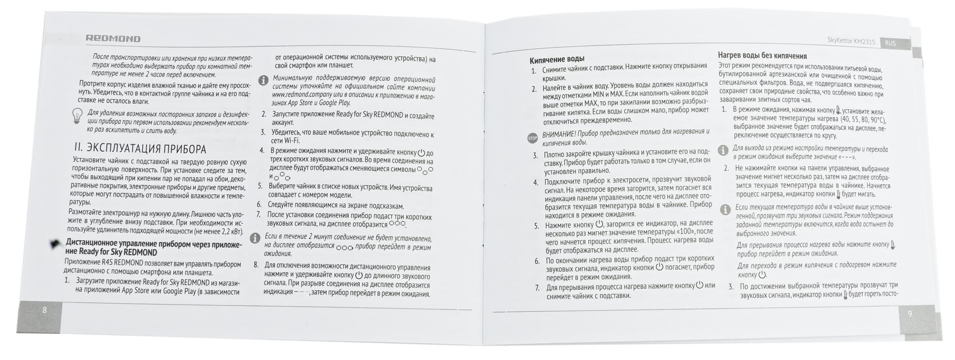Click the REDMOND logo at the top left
pos(113,39)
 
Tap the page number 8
pos(45,309)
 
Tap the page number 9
pos(909,313)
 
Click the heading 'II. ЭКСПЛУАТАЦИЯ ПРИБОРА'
pos(140,148)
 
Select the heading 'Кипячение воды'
pos(557,60)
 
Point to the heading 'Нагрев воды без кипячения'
pos(762,56)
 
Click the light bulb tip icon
pos(77,116)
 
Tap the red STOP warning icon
pos(532,138)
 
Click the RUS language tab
pos(890,43)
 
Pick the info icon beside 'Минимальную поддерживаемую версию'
pos(263,80)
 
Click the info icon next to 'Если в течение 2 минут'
pos(256,237)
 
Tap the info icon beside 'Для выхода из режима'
pos(723,150)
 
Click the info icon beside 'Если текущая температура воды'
pos(725,209)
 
